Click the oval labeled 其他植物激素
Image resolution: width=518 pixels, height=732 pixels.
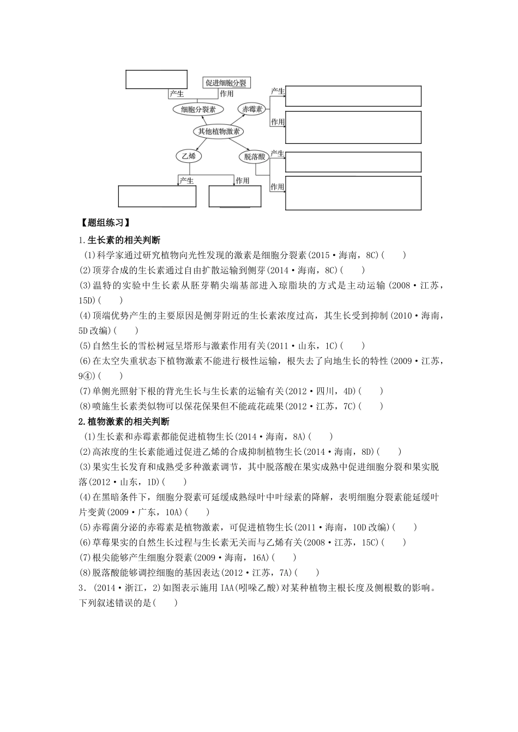pyautogui.click(x=219, y=131)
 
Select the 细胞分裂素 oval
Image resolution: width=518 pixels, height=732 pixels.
pyautogui.click(x=195, y=109)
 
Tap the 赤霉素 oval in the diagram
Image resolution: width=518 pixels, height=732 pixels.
pyautogui.click(x=253, y=109)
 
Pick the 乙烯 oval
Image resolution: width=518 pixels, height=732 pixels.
pyautogui.click(x=189, y=156)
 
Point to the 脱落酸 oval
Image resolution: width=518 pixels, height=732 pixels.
pyautogui.click(x=254, y=157)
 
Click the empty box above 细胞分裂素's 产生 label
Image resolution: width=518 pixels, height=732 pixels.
pyautogui.click(x=156, y=79)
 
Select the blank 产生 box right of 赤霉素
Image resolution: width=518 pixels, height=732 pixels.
pyautogui.click(x=353, y=96)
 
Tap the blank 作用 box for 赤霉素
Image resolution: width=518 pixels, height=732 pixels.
pyautogui.click(x=353, y=127)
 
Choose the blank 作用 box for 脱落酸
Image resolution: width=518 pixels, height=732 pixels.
pyautogui.click(x=353, y=192)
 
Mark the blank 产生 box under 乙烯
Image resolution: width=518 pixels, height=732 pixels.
pyautogui.click(x=157, y=196)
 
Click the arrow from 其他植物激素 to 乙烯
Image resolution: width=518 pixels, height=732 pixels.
pyautogui.click(x=201, y=144)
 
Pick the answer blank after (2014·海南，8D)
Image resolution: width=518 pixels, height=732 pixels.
pyautogui.click(x=389, y=452)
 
